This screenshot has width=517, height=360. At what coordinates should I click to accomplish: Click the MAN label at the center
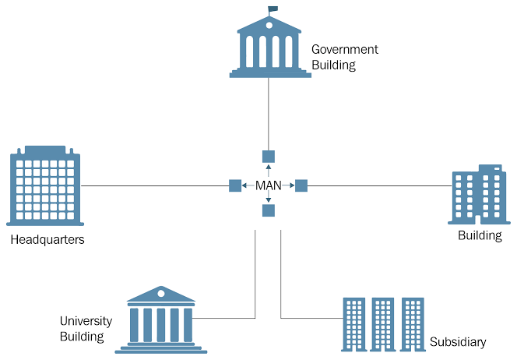coord(269,185)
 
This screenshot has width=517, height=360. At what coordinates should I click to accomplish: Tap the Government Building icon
coord(269,47)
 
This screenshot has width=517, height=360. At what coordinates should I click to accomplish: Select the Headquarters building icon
coord(45,185)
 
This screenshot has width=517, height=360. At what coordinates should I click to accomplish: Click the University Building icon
coord(161,319)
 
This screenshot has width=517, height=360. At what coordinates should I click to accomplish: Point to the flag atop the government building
coord(273,9)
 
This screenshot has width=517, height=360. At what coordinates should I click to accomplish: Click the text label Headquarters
coord(47,240)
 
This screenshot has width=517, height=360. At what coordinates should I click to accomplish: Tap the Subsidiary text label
coord(458,342)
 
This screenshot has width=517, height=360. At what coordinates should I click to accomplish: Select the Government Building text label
coord(344,57)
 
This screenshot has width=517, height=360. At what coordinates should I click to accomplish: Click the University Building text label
coord(86,329)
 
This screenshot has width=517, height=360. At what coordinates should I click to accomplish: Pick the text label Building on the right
coord(480,235)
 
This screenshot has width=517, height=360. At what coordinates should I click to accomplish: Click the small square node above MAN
coord(269,156)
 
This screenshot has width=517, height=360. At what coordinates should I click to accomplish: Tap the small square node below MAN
coord(269,210)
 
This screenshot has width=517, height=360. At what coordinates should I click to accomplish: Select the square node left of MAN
coord(235,185)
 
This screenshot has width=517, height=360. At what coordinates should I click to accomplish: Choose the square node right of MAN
coord(301,185)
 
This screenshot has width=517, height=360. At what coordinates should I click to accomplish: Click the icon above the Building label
coord(478,195)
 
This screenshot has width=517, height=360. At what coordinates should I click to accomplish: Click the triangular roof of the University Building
coord(161,294)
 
